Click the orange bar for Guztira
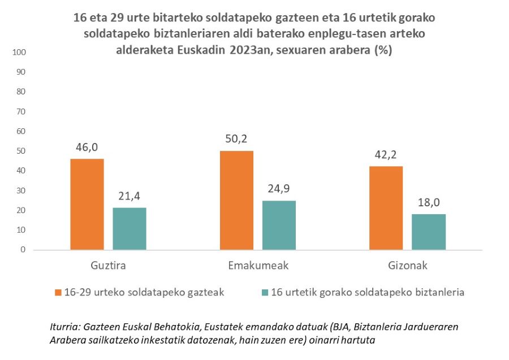[87, 204]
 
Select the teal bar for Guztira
[130, 228]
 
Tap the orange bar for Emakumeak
[236, 200]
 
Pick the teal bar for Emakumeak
[279, 225]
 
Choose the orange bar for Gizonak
[386, 208]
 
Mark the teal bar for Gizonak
[428, 232]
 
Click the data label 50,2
[236, 139]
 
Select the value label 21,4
[130, 196]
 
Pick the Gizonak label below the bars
[407, 265]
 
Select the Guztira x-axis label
[108, 265]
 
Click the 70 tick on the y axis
[21, 112]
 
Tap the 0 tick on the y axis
[23, 250]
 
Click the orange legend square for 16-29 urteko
[58, 292]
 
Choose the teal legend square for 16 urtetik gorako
[265, 292]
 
